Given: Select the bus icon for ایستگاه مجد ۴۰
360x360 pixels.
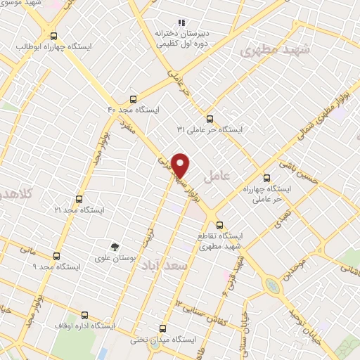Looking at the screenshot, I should (x=134, y=99).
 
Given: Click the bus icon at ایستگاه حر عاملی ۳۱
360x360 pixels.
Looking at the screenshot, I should (x=209, y=118).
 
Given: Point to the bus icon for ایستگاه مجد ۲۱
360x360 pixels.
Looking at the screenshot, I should (x=78, y=199).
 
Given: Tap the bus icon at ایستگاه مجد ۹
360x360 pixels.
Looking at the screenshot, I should (x=57, y=256).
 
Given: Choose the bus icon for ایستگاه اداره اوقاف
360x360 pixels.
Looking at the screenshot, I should (x=85, y=315).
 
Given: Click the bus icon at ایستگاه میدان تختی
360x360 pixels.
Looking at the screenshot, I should (x=163, y=328).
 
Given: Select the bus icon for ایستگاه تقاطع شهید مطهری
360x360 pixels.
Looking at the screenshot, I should (x=220, y=226).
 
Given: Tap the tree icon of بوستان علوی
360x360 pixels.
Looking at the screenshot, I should (x=115, y=245).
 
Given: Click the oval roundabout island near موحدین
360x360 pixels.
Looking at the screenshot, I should (x=271, y=285).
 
